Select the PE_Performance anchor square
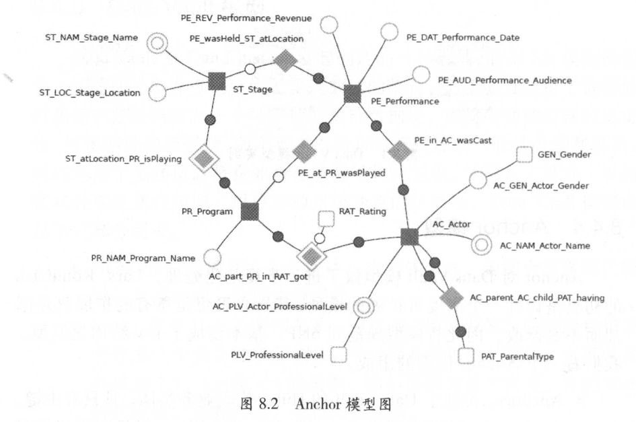352,94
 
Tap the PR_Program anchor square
250,211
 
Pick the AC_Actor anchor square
409,236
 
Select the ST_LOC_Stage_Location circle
157,92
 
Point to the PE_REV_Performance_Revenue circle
328,26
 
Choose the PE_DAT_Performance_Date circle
390,31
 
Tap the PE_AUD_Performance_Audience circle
421,75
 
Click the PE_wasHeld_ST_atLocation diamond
285,62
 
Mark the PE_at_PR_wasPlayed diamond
304,151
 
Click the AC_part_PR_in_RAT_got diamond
312,255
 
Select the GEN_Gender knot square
524,155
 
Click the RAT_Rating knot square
326,218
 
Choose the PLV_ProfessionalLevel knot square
339,353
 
